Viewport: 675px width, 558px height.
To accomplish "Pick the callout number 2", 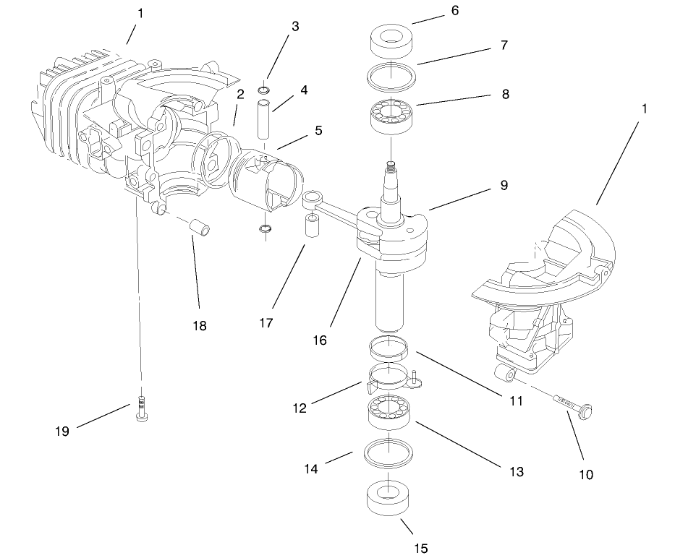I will [239, 94].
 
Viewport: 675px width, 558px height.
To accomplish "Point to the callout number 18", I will [199, 326].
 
